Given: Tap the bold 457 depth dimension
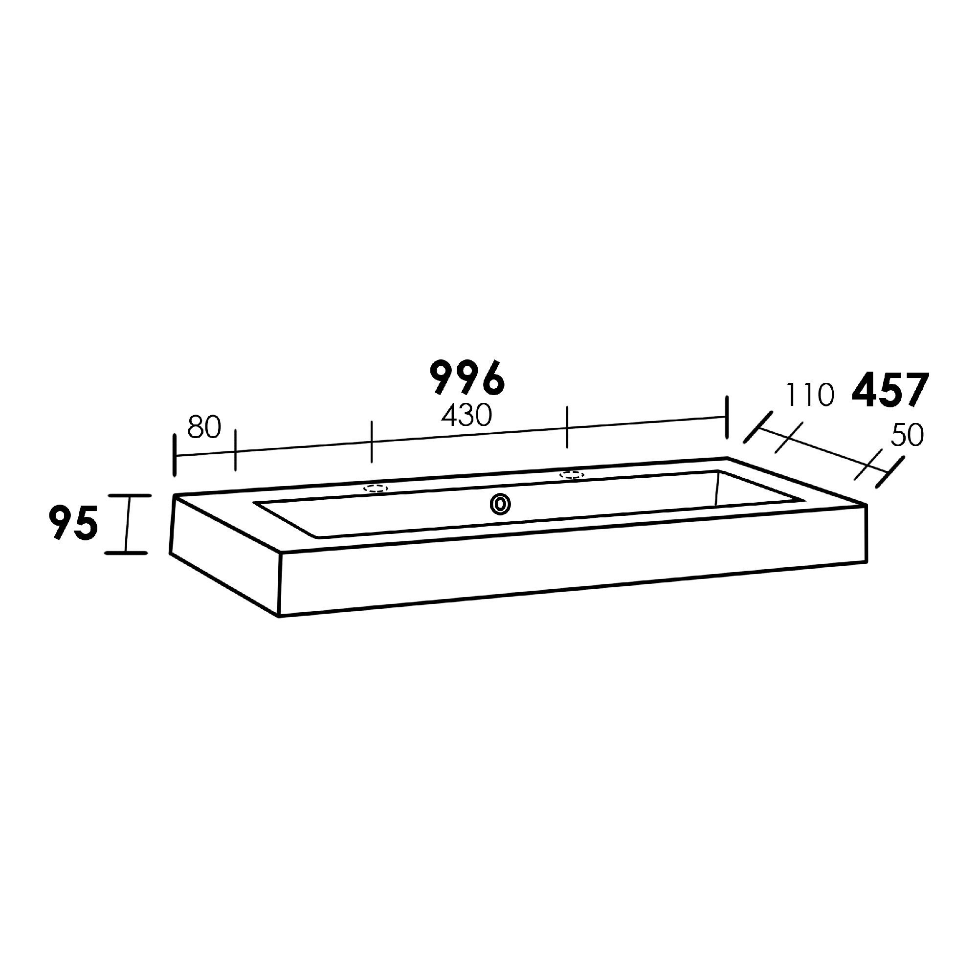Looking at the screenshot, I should pos(890,390).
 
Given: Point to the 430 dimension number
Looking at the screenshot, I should pos(466,416).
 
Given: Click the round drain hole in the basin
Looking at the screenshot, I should pos(500,504).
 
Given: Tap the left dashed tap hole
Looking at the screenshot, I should pos(376,489).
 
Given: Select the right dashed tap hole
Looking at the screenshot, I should pos(572,475).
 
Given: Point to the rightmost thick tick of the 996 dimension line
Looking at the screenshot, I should pos(727,418).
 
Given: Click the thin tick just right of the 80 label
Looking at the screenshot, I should pos(235,450).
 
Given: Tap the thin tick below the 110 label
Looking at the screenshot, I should pos(789,438).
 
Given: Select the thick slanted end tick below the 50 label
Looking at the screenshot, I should pos(890,472).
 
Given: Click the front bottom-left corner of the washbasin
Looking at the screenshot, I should pos(279,617).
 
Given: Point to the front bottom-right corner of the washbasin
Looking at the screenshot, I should pos(867,563).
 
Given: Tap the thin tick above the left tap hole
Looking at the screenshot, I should pos(372,441).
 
